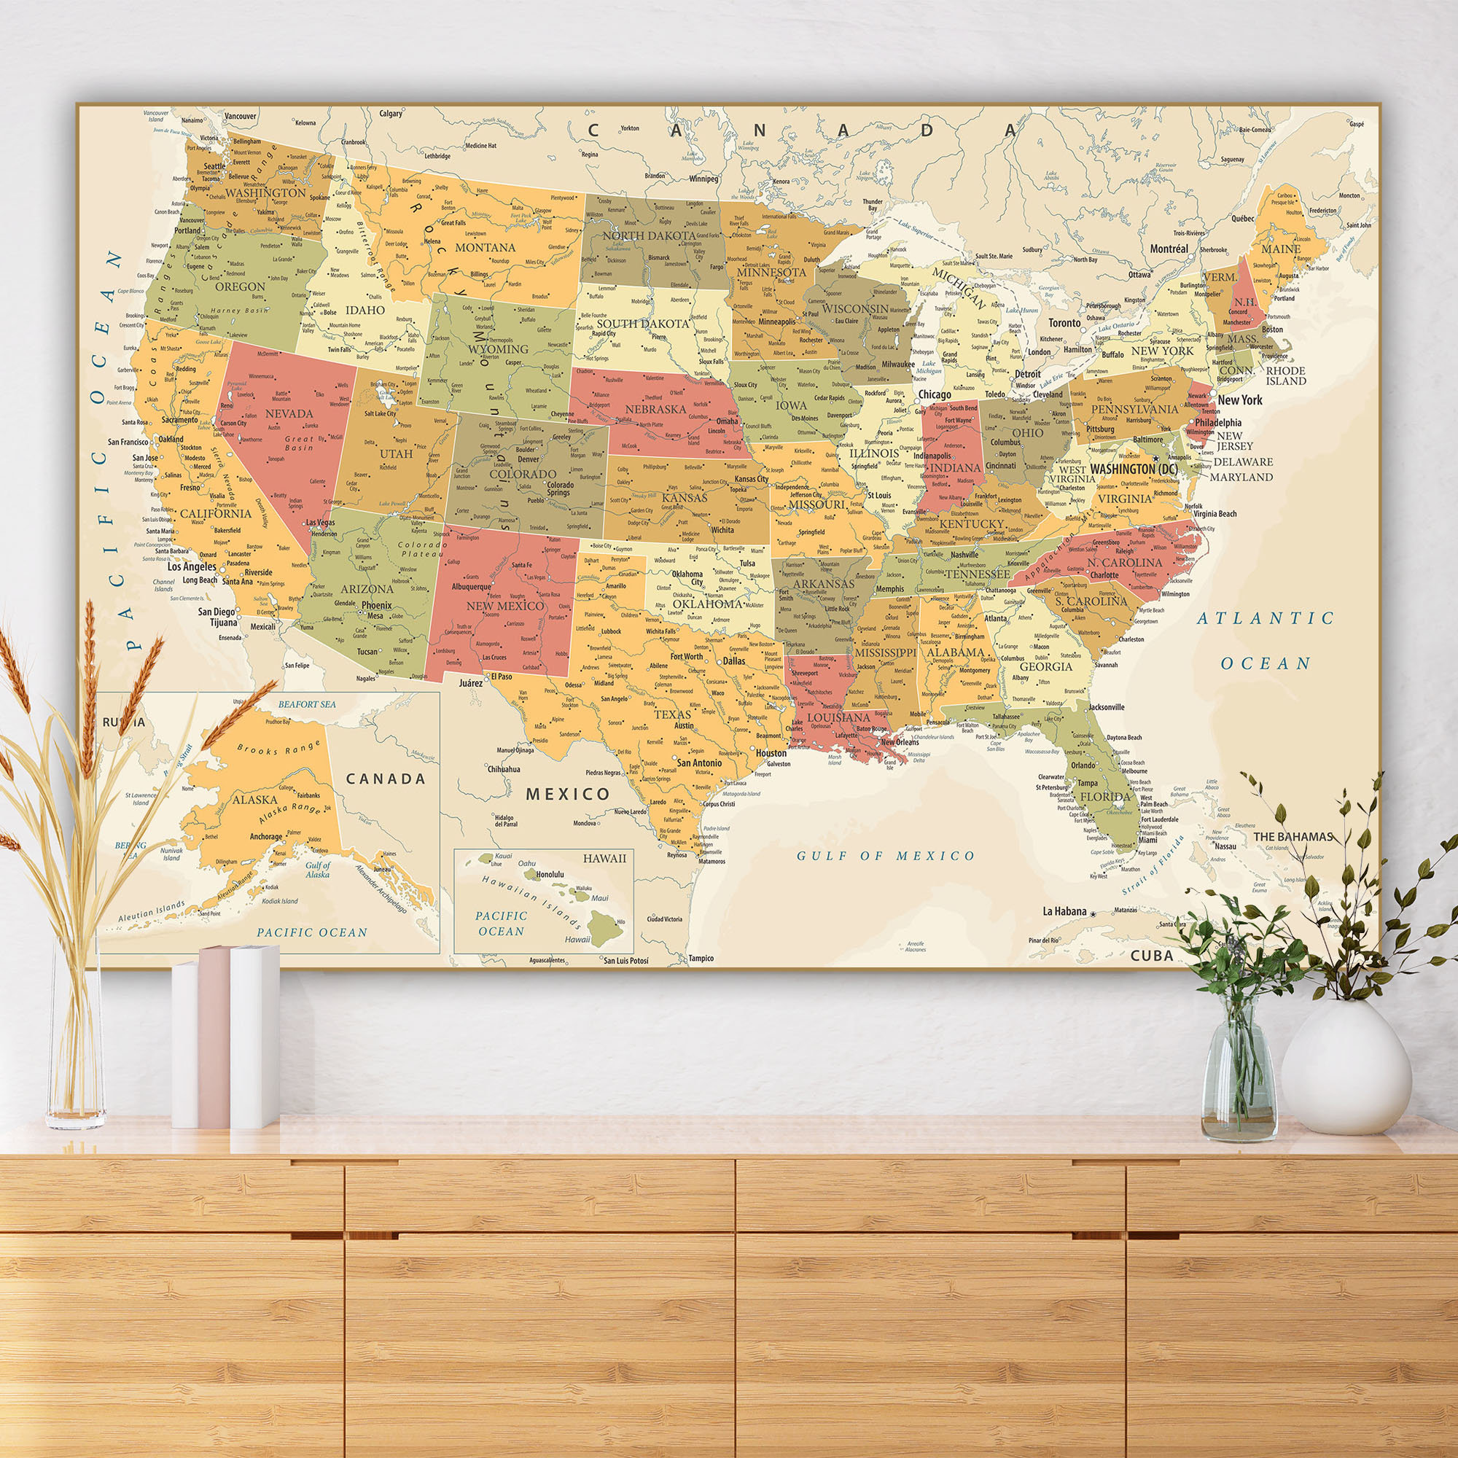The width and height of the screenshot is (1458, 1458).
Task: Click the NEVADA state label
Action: coord(289,413)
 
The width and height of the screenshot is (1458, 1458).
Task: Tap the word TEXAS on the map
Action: coord(672,714)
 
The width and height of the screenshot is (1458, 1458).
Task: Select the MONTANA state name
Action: coord(486,247)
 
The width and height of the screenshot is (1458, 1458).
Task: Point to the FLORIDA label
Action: coord(1105,796)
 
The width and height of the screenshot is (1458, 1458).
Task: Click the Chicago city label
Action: coord(935,394)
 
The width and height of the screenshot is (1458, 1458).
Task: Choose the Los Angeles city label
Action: coord(192,566)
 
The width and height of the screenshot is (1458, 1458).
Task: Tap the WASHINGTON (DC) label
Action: coord(1134,469)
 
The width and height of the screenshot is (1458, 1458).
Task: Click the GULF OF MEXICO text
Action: coord(886,855)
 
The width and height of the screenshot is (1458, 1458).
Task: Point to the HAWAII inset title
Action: coord(604,858)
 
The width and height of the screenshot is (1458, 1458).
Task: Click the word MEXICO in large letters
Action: coord(567,793)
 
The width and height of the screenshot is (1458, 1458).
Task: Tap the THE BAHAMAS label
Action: coord(1293,836)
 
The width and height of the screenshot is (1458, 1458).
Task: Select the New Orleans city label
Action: coord(900,742)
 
